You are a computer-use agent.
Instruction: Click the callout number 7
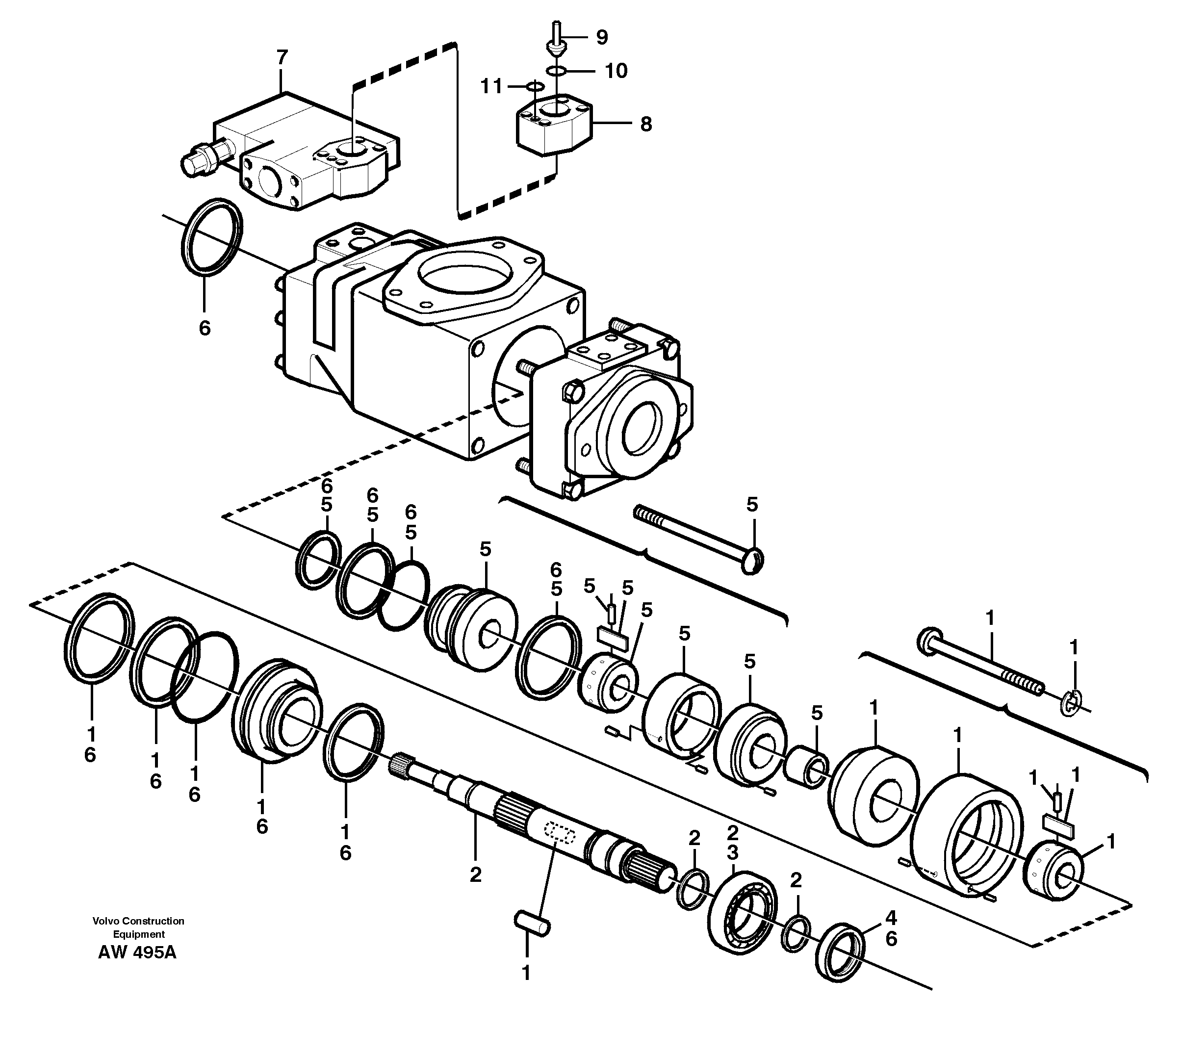pyautogui.click(x=282, y=58)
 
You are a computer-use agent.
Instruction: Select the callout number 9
pyautogui.click(x=602, y=38)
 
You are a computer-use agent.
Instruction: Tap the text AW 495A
pyautogui.click(x=137, y=952)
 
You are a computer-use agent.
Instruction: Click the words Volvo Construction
pyautogui.click(x=138, y=921)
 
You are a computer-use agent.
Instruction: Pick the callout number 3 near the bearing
pyautogui.click(x=733, y=853)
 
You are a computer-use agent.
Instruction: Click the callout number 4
pyautogui.click(x=891, y=918)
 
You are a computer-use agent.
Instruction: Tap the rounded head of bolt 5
pyautogui.click(x=752, y=560)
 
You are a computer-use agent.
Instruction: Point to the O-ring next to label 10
pyautogui.click(x=557, y=71)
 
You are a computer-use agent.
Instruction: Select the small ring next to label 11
pyautogui.click(x=534, y=87)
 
